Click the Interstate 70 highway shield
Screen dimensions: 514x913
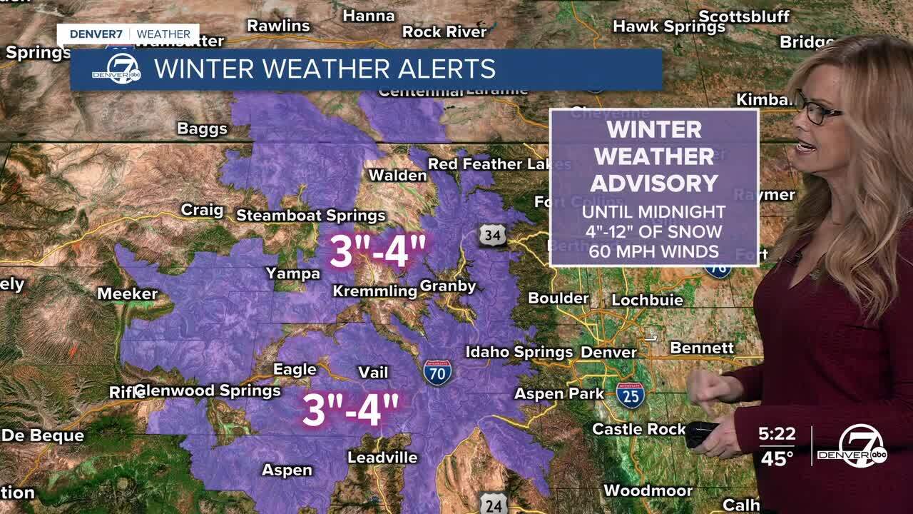tap(437, 373)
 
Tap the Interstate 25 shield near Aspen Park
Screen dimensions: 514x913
tap(631, 395)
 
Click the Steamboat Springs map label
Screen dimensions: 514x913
tap(310, 215)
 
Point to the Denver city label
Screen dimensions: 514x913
tap(608, 352)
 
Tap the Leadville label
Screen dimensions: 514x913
tap(382, 457)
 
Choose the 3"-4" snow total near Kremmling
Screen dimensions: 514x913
tap(377, 251)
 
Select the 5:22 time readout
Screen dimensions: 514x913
tap(777, 433)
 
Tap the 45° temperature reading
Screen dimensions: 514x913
tap(777, 458)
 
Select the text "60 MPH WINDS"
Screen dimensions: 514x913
tap(653, 251)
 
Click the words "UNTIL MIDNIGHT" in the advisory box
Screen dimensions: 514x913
tap(653, 212)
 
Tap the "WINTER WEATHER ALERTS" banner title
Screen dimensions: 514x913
tap(325, 69)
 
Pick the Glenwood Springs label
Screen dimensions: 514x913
tap(208, 390)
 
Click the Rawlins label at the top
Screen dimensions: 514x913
tap(278, 26)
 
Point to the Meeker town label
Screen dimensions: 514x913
tap(127, 293)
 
